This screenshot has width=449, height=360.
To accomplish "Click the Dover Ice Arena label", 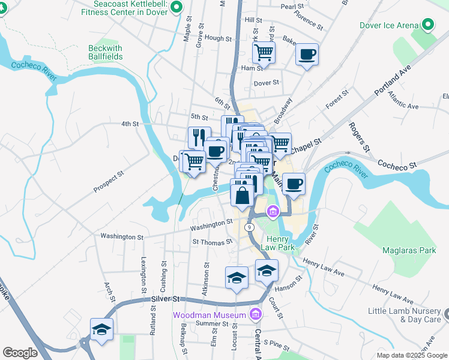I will click(x=388, y=25).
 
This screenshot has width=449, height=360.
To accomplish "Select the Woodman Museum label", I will click(x=209, y=314).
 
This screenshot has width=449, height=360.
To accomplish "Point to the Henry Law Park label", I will click(x=280, y=243).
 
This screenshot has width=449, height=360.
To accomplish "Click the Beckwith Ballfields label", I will click(x=105, y=52).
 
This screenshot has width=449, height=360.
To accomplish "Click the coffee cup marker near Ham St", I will click(x=307, y=55).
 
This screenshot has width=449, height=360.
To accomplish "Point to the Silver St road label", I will click(x=166, y=298).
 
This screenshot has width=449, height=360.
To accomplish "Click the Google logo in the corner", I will click(x=20, y=353).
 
